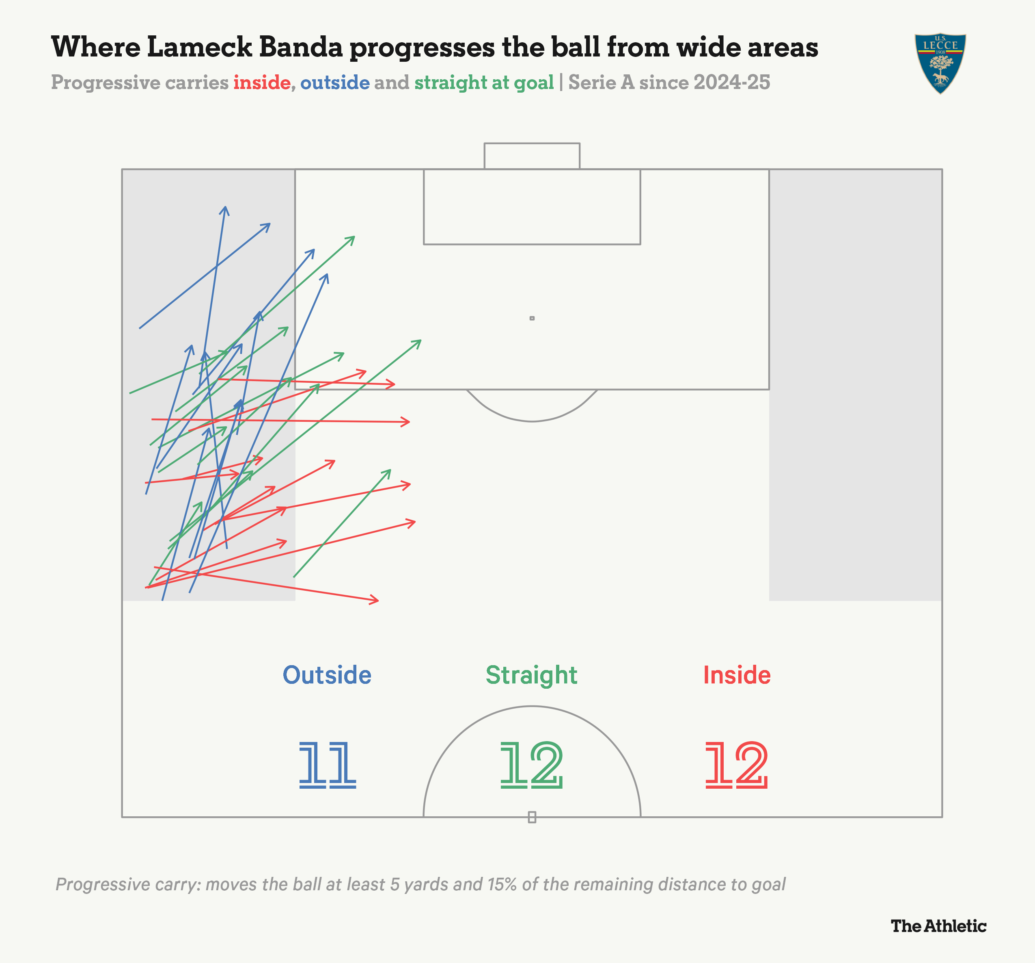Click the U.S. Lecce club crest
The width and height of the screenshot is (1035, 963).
[940, 63]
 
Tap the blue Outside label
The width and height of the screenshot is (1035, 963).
[327, 675]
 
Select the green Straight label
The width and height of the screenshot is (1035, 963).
[532, 675]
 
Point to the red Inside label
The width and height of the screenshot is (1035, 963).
[737, 675]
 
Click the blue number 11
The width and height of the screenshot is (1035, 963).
[327, 765]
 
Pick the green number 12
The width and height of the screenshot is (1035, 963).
[532, 765]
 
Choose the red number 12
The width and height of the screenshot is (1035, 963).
[737, 765]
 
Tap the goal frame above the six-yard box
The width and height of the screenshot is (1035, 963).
[532, 155]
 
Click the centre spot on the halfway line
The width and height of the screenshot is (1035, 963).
[532, 817]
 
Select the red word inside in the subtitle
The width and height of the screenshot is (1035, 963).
[262, 83]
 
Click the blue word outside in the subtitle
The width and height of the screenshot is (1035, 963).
[335, 83]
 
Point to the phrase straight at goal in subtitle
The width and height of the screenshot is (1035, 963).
[484, 83]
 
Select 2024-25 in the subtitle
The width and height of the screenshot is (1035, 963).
[731, 83]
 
